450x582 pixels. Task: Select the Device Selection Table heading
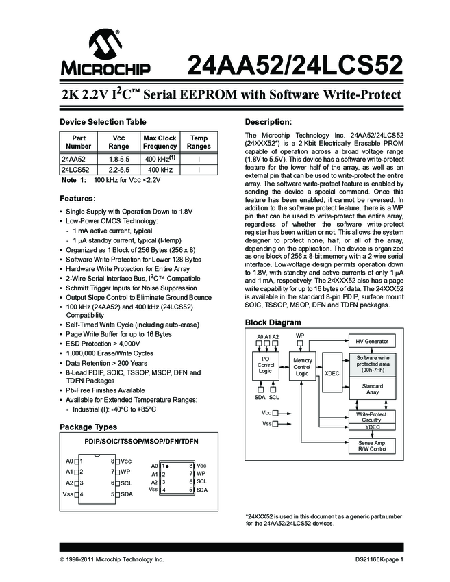point(102,122)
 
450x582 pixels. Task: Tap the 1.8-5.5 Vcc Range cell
point(119,159)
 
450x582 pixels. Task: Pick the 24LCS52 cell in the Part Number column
point(77,169)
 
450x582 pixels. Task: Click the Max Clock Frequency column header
point(160,142)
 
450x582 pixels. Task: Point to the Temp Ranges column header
point(199,142)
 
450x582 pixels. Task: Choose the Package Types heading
point(90,427)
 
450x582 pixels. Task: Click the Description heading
point(268,122)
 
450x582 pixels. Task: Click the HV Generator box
point(371,341)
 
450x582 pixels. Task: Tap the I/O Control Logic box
point(266,365)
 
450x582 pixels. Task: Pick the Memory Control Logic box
point(302,366)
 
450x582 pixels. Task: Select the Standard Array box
point(372,390)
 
